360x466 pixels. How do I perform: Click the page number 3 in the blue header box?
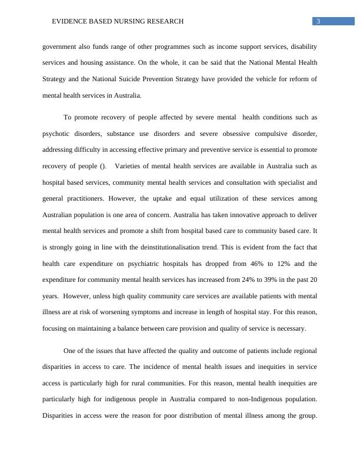pos(318,22)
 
